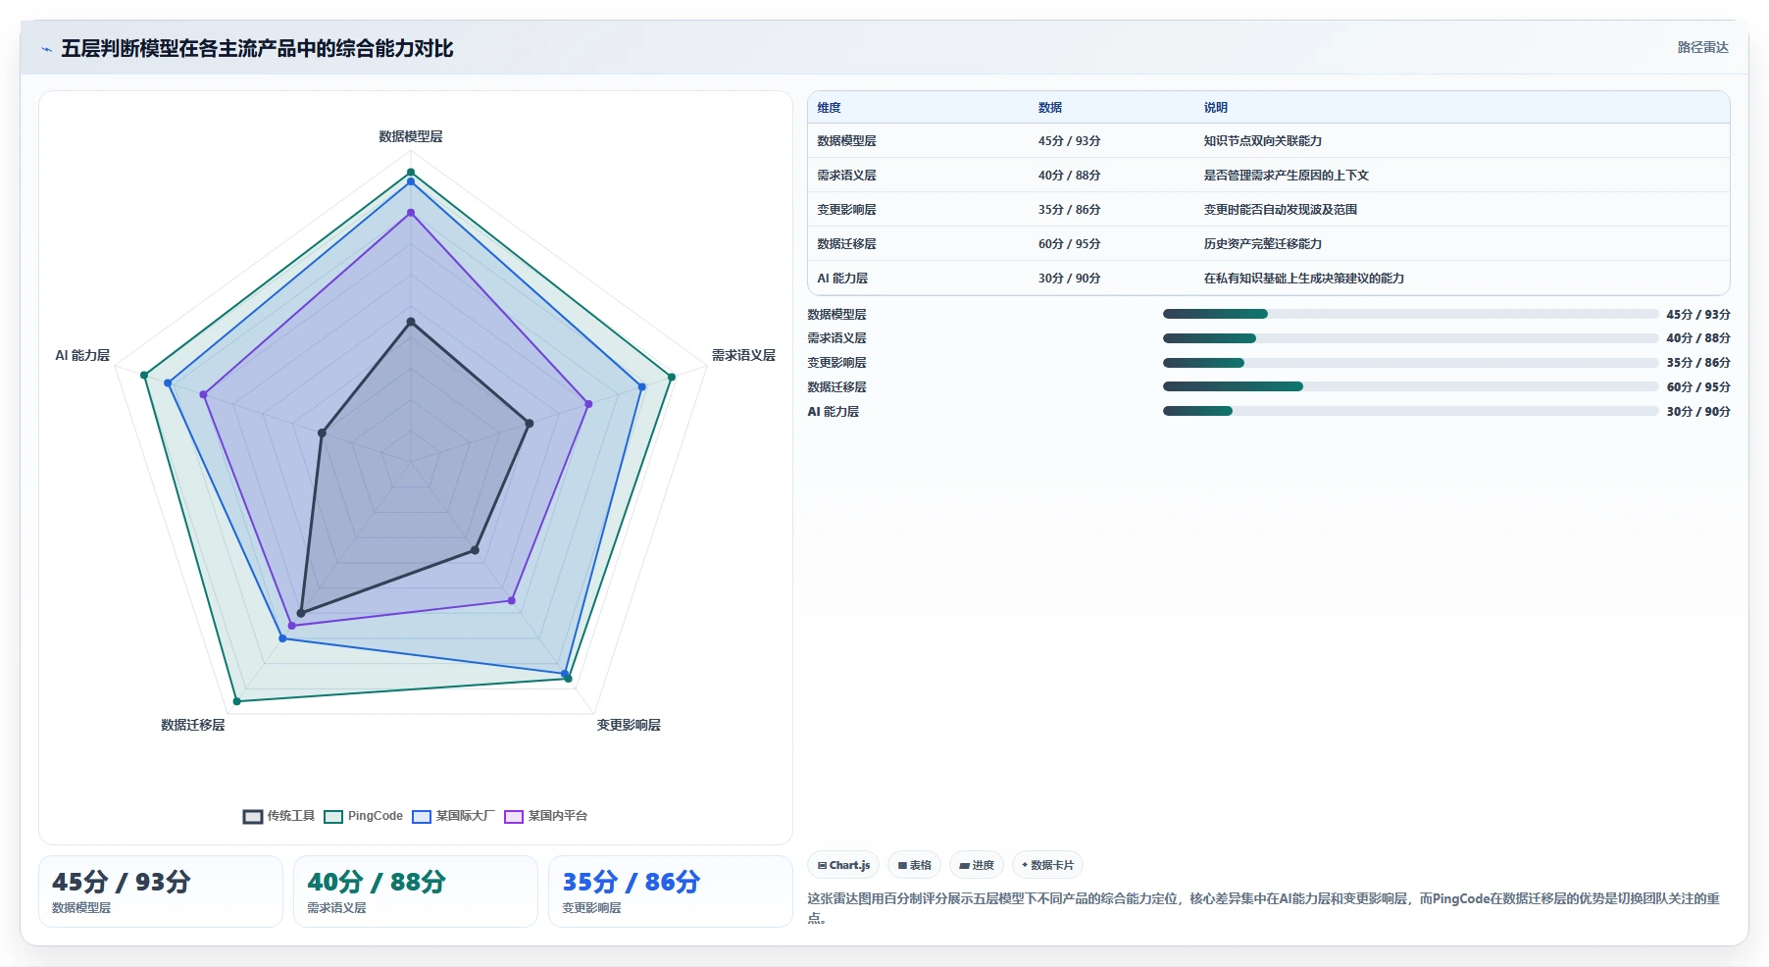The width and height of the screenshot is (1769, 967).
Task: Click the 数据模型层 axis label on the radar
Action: (411, 136)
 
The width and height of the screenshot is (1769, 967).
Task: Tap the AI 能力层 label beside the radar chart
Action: (82, 355)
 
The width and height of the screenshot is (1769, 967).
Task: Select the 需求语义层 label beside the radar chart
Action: (743, 355)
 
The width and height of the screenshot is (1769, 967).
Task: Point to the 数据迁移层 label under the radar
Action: (193, 725)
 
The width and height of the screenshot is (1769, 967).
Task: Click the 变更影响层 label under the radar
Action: (629, 725)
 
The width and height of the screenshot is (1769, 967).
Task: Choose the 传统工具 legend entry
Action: (279, 816)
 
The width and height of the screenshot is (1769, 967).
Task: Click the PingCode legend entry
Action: (364, 816)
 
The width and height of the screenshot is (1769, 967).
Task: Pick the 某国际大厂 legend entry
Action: (454, 816)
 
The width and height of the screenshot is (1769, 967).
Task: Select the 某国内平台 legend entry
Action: (546, 816)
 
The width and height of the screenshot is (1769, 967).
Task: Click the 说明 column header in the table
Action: (1216, 108)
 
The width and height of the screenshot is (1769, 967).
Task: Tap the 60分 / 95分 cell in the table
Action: (1069, 244)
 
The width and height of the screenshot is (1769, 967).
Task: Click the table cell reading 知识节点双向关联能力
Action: (1263, 141)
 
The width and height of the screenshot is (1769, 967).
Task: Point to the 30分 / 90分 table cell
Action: (1069, 279)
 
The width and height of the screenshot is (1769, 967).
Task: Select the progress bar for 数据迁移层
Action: (1410, 386)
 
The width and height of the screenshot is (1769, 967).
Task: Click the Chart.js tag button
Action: (843, 865)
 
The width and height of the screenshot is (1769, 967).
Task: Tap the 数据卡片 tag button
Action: (1047, 865)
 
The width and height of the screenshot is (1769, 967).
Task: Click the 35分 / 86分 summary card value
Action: (632, 882)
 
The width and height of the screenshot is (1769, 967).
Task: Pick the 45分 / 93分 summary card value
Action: (122, 882)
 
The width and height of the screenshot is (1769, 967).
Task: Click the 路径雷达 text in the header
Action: (1702, 47)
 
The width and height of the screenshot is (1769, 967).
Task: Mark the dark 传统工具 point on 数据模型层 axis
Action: (411, 322)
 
